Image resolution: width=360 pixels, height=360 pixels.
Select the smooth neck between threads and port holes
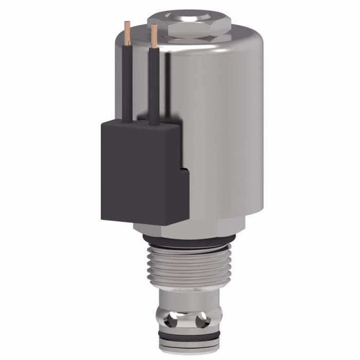pos(188,298)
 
